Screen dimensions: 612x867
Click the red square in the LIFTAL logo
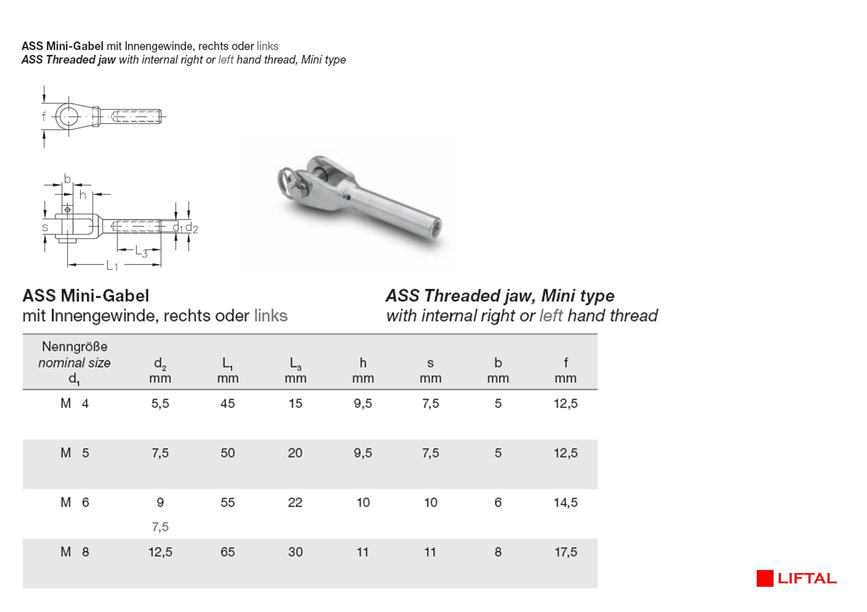click(765, 578)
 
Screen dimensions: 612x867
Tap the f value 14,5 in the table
click(565, 502)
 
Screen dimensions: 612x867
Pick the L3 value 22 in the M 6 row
click(295, 502)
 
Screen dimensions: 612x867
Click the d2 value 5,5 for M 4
click(160, 403)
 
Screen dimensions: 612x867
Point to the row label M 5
click(75, 453)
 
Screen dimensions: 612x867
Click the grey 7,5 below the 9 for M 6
click(160, 527)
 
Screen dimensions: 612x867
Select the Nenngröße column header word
click(75, 346)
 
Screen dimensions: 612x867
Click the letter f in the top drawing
click(44, 116)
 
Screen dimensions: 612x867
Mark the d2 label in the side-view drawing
click(192, 228)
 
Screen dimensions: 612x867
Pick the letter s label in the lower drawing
click(45, 227)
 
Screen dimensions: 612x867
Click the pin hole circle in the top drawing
click(68, 117)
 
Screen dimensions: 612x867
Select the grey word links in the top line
click(267, 46)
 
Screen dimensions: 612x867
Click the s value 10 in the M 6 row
click(430, 502)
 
